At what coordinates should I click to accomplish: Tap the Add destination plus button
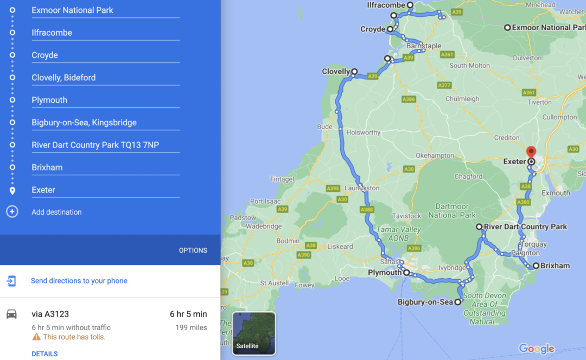(12, 211)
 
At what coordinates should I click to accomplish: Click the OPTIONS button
(193, 250)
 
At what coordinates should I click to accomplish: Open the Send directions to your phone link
(79, 281)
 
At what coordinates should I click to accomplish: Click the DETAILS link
(44, 354)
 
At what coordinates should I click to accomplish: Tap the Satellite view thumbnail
(254, 333)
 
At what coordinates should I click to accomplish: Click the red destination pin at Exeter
(531, 152)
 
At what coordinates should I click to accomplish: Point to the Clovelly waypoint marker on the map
(354, 71)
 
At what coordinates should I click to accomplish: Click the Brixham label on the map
(555, 266)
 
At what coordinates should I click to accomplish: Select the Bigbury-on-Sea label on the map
(425, 302)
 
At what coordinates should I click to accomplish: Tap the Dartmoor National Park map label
(452, 211)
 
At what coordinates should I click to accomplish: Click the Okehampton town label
(434, 156)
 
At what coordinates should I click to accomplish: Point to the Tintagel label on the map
(282, 179)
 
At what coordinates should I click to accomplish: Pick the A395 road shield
(333, 188)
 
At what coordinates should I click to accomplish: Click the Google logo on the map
(536, 349)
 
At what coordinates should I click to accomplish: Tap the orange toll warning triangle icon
(36, 337)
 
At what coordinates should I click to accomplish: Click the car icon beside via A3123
(11, 314)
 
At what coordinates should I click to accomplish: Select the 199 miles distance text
(191, 327)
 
